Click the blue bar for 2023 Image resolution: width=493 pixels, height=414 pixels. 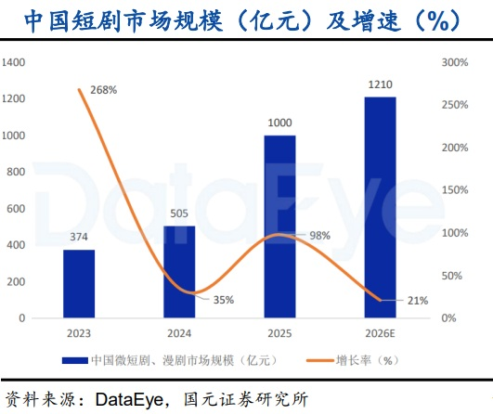(x=79, y=283)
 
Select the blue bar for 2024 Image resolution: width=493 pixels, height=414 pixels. (x=179, y=272)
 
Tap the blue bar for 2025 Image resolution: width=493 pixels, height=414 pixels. (x=279, y=226)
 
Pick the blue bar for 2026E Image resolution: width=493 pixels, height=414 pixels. (x=380, y=207)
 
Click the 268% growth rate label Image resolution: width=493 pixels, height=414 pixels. (x=104, y=90)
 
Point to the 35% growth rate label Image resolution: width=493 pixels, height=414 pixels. (x=224, y=300)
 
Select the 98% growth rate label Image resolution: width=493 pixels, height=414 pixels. (x=319, y=236)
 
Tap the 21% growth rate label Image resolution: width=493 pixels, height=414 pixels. (x=418, y=301)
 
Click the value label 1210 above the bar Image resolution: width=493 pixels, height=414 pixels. (x=380, y=84)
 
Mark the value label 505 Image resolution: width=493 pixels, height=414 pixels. (x=179, y=213)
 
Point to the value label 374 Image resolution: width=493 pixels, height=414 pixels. (x=79, y=237)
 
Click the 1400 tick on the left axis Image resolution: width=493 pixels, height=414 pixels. (x=14, y=62)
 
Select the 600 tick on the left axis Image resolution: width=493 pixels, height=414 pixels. (x=16, y=209)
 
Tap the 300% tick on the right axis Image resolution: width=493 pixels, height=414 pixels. (x=455, y=62)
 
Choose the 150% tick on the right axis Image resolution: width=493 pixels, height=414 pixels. (x=455, y=190)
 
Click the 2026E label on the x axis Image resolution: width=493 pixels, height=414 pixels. (x=380, y=333)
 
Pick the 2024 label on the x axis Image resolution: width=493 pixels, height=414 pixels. (x=179, y=333)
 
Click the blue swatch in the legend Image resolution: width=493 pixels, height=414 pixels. (x=75, y=360)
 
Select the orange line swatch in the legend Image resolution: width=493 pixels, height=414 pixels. (x=320, y=360)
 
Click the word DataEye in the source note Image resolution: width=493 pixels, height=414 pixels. (x=130, y=400)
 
